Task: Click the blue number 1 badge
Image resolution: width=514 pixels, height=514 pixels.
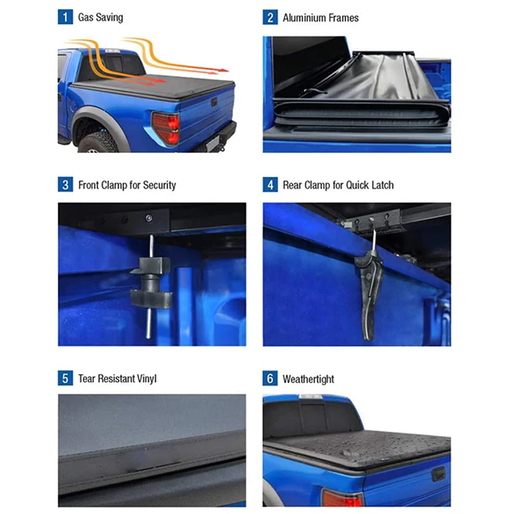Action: point(65,17)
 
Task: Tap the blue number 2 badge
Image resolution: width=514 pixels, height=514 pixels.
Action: point(270,17)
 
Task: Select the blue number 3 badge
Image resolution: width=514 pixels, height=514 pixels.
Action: point(65,184)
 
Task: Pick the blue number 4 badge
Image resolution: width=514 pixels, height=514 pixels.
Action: point(270,184)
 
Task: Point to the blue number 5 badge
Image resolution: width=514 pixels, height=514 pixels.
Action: point(65,378)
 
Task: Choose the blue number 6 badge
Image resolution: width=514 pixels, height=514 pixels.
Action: point(270,378)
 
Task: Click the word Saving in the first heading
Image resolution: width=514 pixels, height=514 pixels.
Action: point(110,18)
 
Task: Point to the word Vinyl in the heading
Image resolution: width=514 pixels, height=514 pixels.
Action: point(147,379)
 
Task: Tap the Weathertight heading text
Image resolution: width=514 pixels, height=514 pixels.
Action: point(308,379)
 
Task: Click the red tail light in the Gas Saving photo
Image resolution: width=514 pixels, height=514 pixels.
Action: point(167,128)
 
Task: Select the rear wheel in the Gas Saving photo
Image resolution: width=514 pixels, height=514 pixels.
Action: point(98,142)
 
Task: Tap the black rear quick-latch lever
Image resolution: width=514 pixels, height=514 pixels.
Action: point(369,293)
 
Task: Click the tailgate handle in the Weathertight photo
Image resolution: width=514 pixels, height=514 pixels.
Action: point(439,474)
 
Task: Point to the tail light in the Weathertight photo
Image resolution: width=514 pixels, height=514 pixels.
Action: point(343,498)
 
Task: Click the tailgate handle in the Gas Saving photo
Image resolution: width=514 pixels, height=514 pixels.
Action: point(214,102)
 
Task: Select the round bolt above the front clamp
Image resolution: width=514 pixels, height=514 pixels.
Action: point(149,218)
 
